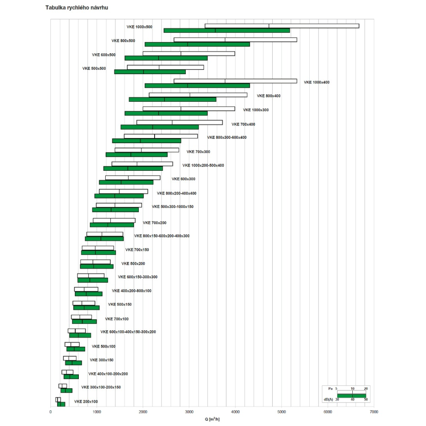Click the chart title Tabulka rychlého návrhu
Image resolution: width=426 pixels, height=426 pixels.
tap(74, 8)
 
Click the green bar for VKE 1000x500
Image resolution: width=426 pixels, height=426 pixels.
tap(227, 30)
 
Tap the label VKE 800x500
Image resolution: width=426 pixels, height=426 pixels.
tap(123, 41)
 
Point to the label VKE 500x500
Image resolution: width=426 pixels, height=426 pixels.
tap(94, 68)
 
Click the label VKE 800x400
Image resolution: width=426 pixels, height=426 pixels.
tap(269, 96)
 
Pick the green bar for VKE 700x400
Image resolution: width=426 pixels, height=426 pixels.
tap(159, 127)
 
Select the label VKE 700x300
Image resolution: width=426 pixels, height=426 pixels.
tap(198, 152)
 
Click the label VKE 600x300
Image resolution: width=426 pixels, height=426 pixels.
tap(183, 179)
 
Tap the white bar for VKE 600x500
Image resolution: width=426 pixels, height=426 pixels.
tap(189, 54)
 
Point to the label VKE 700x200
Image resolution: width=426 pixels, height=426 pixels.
tap(154, 223)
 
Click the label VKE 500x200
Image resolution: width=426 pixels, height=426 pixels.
tap(133, 263)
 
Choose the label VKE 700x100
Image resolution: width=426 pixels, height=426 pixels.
tap(117, 319)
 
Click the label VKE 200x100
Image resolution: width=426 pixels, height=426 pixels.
tap(86, 402)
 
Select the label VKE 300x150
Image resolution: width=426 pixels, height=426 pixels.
tap(101, 360)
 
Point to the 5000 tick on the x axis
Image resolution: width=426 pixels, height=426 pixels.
tap(282, 412)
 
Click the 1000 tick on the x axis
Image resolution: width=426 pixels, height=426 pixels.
tap(97, 412)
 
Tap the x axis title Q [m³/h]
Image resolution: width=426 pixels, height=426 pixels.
tap(212, 419)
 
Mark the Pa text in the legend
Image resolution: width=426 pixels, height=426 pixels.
tap(330, 389)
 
